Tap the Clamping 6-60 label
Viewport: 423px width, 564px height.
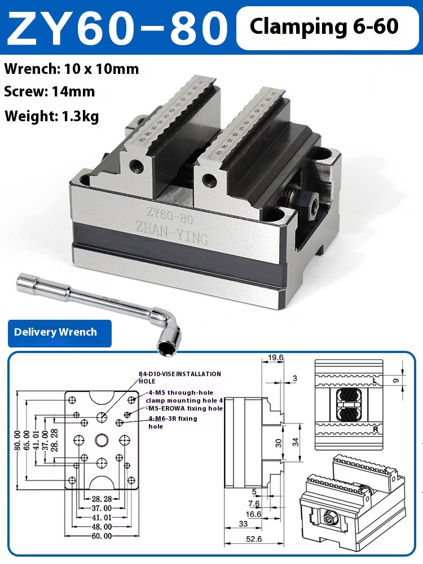[x=324, y=27]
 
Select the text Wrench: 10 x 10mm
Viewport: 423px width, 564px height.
[x=72, y=69]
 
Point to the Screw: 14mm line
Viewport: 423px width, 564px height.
[x=50, y=91]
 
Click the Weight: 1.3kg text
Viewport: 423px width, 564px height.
[x=52, y=116]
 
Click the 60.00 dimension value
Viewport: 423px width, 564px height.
[x=102, y=535]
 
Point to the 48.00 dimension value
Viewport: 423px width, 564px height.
[x=102, y=526]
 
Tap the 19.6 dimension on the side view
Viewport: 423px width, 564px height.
[x=275, y=358]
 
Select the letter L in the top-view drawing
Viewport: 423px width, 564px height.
[x=374, y=381]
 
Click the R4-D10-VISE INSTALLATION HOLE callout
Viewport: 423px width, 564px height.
[x=180, y=377]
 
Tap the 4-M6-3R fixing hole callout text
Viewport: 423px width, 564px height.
[x=173, y=422]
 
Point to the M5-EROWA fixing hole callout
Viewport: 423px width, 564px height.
[x=184, y=408]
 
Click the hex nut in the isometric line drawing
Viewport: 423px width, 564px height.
[x=328, y=515]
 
